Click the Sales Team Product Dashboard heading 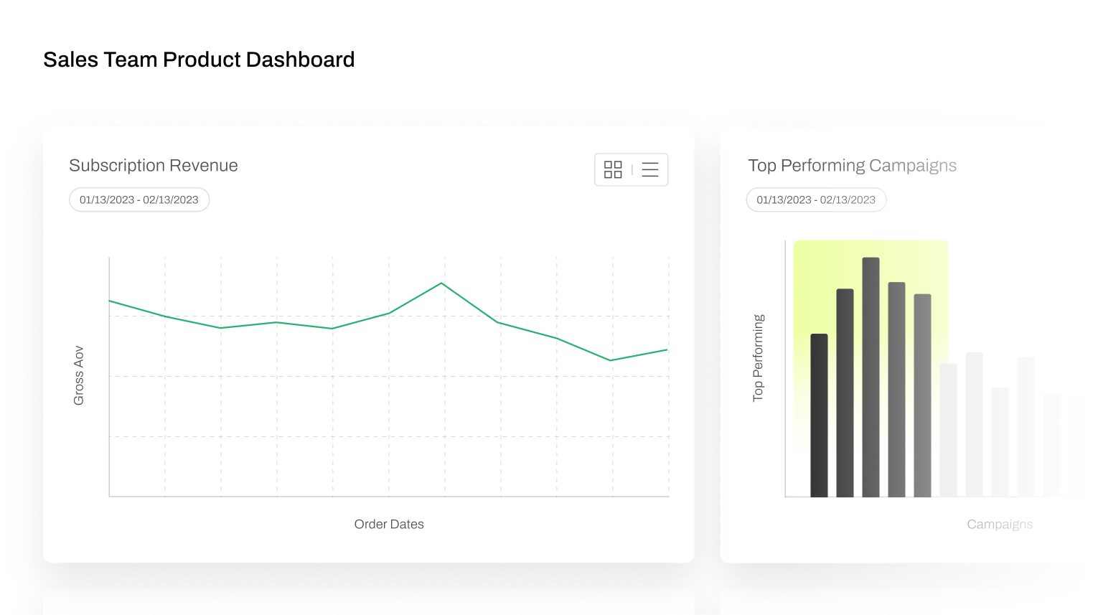(199, 60)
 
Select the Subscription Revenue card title (154, 166)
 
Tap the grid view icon (613, 169)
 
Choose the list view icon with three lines (650, 169)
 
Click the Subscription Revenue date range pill (139, 199)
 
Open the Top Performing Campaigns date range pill (816, 199)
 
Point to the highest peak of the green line (442, 283)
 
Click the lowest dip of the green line (611, 360)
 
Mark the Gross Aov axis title (79, 375)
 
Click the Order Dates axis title (389, 524)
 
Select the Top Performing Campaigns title (852, 166)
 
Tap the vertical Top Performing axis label (758, 357)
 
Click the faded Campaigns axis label (1000, 524)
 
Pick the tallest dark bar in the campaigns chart (871, 377)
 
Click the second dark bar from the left (845, 393)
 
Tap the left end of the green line (110, 301)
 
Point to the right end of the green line (667, 350)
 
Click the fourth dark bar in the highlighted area (896, 389)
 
